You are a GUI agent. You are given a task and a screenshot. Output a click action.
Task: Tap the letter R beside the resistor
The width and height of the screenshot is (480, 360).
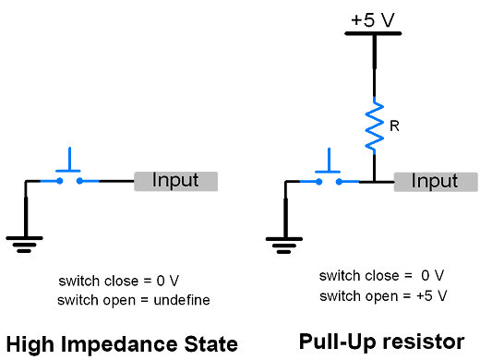394,126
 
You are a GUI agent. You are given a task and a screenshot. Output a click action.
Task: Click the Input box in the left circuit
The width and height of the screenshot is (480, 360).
175,181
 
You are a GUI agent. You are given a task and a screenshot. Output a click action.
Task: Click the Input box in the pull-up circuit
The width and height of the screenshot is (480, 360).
435,181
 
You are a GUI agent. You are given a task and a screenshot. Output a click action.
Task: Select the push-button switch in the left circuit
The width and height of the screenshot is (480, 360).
68,175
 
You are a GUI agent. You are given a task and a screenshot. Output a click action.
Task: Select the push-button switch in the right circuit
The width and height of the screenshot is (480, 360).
328,175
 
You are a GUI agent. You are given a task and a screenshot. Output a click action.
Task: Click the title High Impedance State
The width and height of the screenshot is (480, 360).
122,344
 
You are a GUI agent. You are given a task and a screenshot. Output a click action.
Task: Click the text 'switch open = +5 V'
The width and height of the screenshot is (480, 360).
383,295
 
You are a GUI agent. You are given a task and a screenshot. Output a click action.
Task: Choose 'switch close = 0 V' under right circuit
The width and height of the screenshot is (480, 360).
382,276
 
